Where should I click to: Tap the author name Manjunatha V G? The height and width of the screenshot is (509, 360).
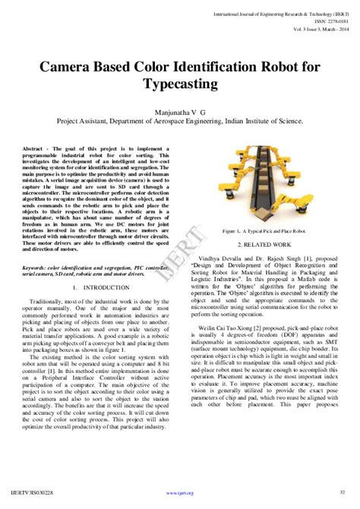(x=180, y=111)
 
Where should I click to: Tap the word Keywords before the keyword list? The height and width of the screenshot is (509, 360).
(x=36, y=267)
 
